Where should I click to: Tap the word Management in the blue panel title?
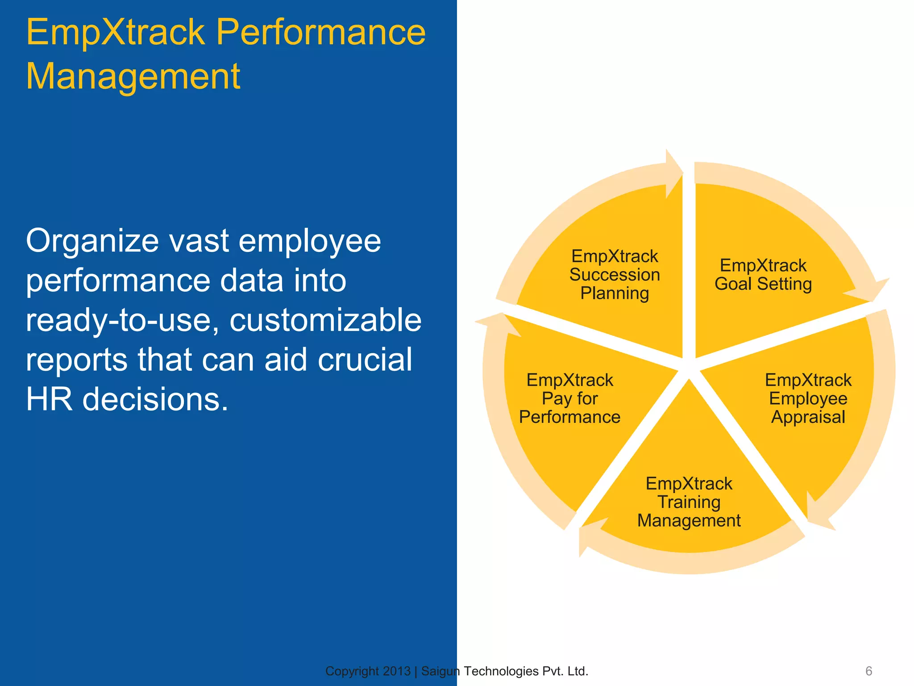click(133, 76)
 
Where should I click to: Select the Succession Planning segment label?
click(615, 275)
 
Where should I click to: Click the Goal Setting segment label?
click(763, 275)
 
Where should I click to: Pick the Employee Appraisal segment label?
click(808, 398)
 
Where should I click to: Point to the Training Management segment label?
click(689, 502)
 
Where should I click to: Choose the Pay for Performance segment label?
click(569, 398)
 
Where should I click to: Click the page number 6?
click(868, 671)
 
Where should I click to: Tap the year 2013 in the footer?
click(397, 671)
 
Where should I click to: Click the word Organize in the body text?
click(92, 241)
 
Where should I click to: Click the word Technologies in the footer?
click(501, 671)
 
